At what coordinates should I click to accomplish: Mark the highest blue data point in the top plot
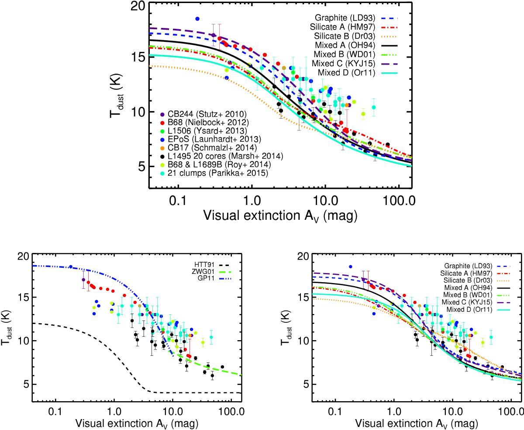tap(197, 19)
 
